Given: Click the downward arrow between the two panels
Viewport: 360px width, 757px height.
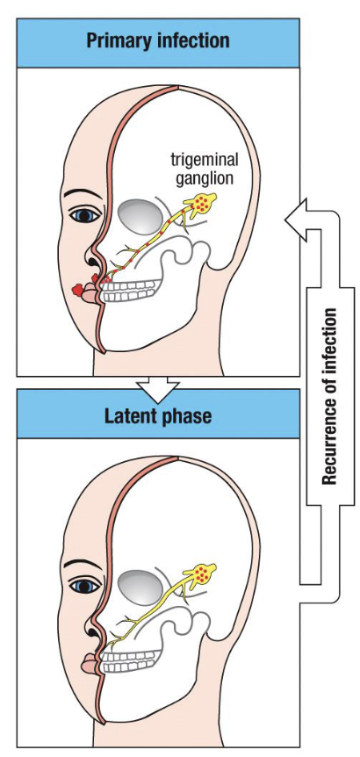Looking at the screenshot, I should coord(157,386).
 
